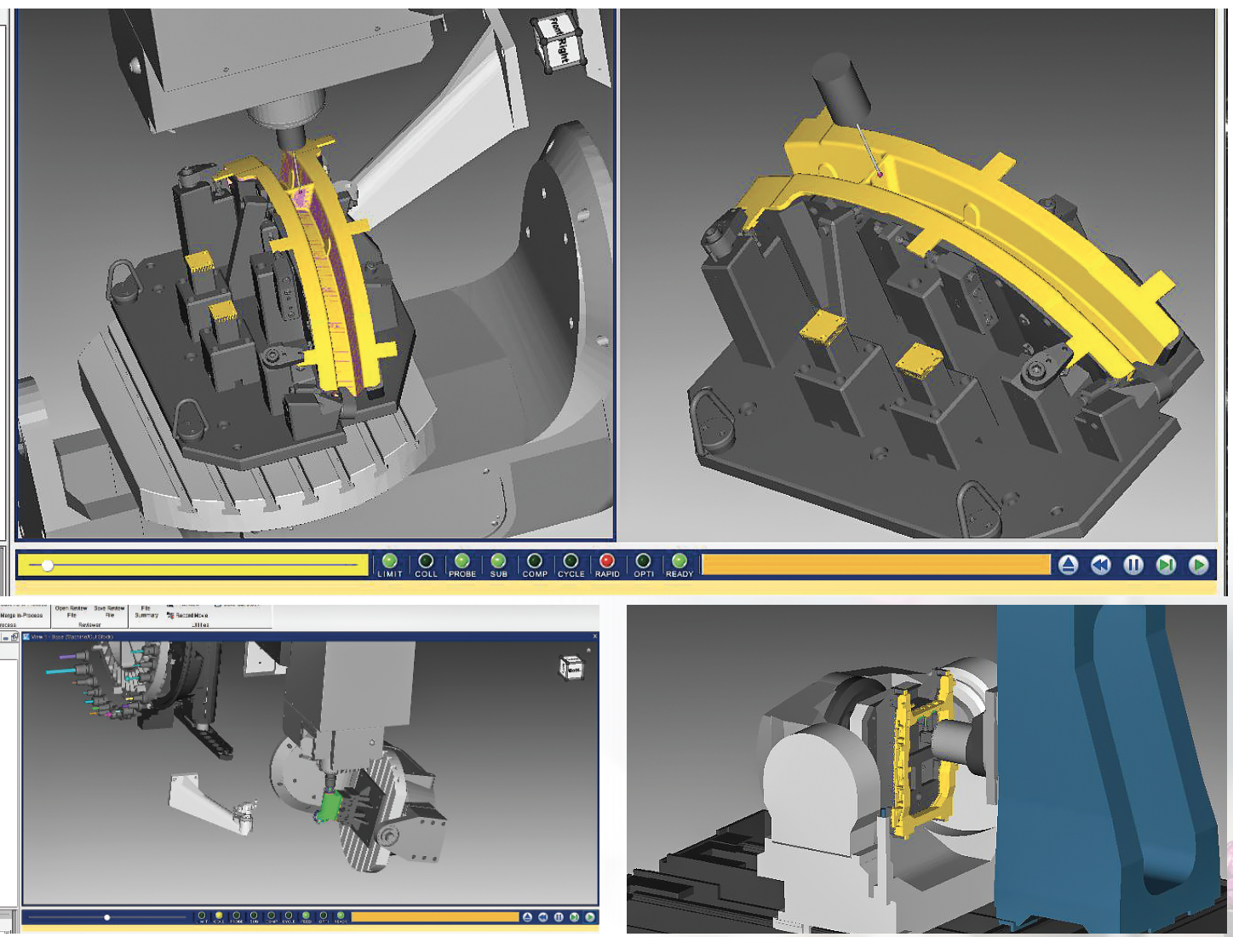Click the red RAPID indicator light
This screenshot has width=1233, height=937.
pyautogui.click(x=606, y=560)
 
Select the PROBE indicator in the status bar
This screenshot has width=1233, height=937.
pyautogui.click(x=462, y=560)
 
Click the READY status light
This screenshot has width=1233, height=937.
pyautogui.click(x=679, y=560)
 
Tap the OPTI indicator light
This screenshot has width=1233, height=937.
pyautogui.click(x=643, y=560)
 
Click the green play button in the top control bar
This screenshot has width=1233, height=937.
pyautogui.click(x=1198, y=565)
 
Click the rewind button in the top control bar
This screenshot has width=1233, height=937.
pyautogui.click(x=1100, y=565)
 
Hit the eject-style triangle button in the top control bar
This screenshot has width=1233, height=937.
pyautogui.click(x=1068, y=565)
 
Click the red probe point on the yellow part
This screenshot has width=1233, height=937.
pyautogui.click(x=880, y=174)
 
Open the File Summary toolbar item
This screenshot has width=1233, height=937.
pyautogui.click(x=146, y=612)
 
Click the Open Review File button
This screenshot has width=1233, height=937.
pyautogui.click(x=72, y=612)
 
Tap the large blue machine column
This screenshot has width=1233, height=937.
pyautogui.click(x=1107, y=767)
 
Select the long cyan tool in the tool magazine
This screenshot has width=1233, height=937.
pyautogui.click(x=60, y=671)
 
